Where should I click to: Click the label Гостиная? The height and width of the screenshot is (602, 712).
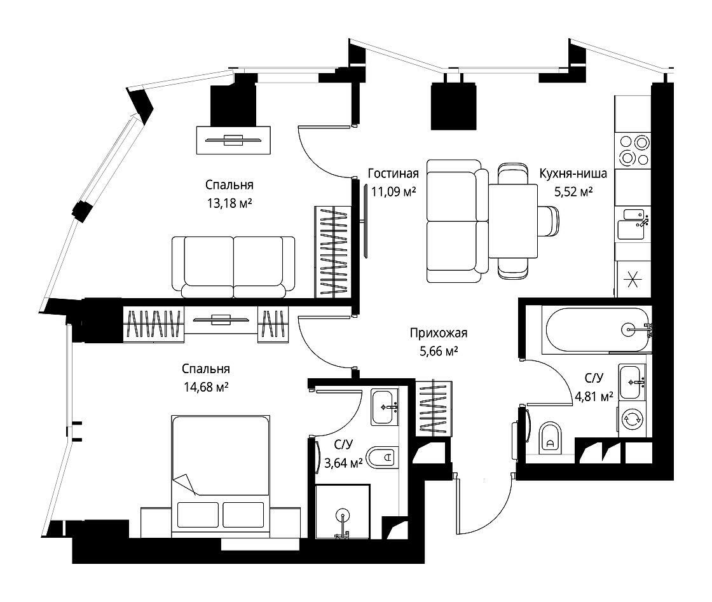pyautogui.click(x=394, y=174)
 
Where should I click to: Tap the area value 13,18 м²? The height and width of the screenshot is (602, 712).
pyautogui.click(x=229, y=203)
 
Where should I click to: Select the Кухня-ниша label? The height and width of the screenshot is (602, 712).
pyautogui.click(x=573, y=174)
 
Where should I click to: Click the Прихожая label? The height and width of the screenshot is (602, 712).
pyautogui.click(x=438, y=333)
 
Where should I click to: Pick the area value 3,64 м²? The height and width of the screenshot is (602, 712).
pyautogui.click(x=343, y=463)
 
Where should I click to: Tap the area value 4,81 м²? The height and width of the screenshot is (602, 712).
pyautogui.click(x=594, y=397)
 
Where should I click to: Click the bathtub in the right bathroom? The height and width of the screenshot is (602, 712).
pyautogui.click(x=597, y=329)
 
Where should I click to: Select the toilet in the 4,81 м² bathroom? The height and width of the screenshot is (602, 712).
pyautogui.click(x=551, y=437)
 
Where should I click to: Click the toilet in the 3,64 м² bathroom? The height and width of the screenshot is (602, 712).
pyautogui.click(x=382, y=458)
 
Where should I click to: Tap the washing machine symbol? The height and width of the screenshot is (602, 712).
pyautogui.click(x=631, y=420)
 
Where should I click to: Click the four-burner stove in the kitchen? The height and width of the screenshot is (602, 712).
pyautogui.click(x=633, y=150)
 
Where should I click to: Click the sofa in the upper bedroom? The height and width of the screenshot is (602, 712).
pyautogui.click(x=233, y=267)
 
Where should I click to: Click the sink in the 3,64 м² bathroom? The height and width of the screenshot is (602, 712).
pyautogui.click(x=385, y=407)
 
